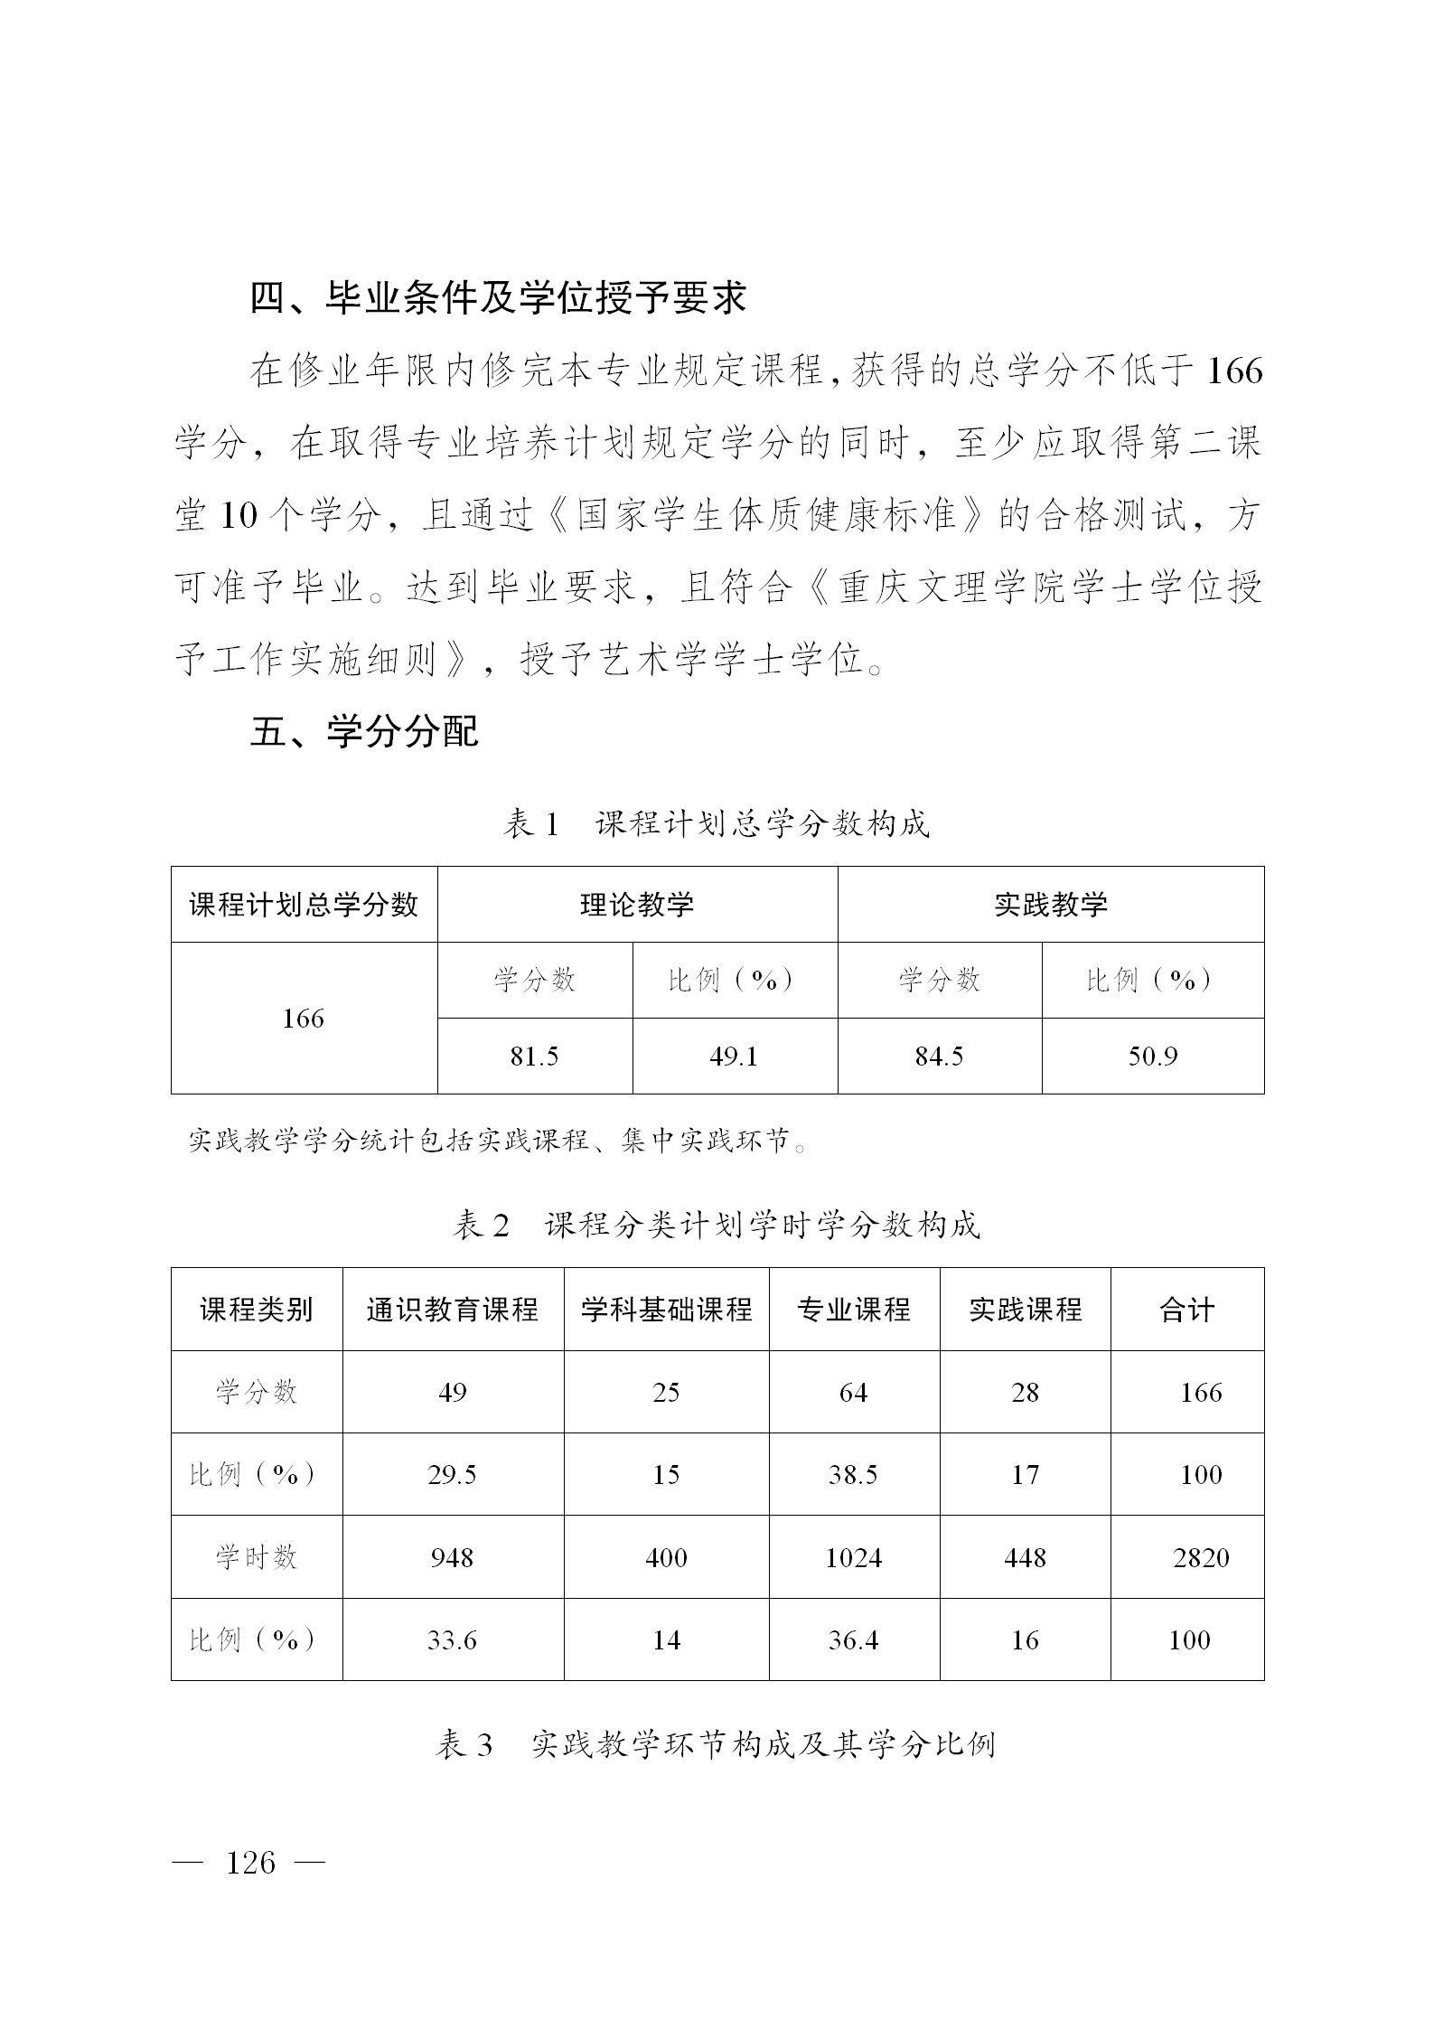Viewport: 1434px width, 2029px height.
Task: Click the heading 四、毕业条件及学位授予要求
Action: [498, 297]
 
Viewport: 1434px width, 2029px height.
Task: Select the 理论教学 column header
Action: [637, 905]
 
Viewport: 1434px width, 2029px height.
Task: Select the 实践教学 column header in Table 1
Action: [1050, 905]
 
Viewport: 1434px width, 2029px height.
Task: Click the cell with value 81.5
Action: [534, 1057]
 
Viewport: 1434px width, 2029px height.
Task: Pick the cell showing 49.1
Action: [734, 1057]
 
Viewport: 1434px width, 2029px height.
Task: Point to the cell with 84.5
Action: [939, 1057]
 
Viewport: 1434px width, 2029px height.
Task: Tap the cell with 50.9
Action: [1152, 1057]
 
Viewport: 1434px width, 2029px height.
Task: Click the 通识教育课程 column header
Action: [453, 1310]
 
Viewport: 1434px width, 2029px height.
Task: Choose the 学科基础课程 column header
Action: [666, 1310]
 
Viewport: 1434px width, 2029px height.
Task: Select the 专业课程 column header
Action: [854, 1310]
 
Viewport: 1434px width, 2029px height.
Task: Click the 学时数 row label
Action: [257, 1557]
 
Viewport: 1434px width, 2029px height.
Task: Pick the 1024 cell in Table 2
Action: [854, 1558]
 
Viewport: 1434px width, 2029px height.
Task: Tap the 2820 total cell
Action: [1201, 1558]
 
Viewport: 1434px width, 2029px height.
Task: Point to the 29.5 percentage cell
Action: [452, 1475]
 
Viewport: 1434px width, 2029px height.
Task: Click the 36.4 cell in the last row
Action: [854, 1640]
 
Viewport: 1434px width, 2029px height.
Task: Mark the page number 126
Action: [250, 1863]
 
